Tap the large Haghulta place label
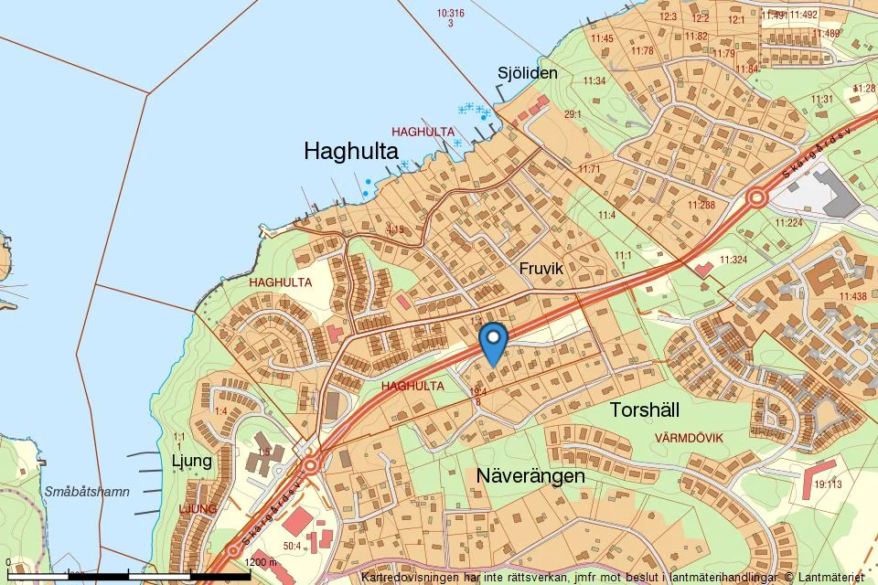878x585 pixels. point(350,151)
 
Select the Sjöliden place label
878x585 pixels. point(527,73)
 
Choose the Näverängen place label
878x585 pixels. point(530,476)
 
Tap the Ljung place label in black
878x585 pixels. point(192,460)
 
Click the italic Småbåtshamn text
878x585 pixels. point(87,492)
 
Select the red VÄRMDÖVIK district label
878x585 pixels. point(689,438)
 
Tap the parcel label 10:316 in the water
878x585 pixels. point(451,14)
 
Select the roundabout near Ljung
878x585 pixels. point(310,464)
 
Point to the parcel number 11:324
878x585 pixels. point(733,261)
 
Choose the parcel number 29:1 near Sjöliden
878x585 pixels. point(573,114)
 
